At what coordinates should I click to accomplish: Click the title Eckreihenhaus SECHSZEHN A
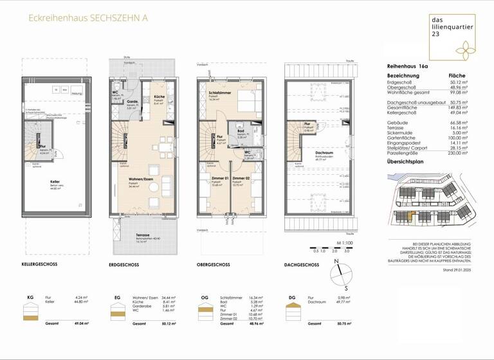click(x=87, y=19)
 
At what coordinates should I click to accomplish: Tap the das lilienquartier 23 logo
click(x=453, y=36)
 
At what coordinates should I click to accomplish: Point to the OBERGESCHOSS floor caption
click(x=214, y=264)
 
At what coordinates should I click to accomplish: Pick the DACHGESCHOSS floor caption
click(x=302, y=264)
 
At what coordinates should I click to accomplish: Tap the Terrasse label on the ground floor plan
click(x=143, y=235)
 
